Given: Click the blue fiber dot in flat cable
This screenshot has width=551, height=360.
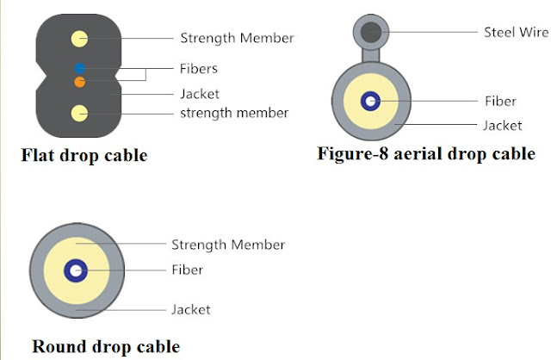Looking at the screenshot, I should (x=79, y=67).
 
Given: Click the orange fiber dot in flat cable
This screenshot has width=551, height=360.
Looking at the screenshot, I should (x=79, y=82).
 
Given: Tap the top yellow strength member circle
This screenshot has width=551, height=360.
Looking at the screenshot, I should (x=79, y=38).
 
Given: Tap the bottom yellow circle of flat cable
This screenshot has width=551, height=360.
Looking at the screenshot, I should (x=79, y=112).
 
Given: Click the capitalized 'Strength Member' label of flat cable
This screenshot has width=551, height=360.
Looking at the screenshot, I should (x=237, y=38).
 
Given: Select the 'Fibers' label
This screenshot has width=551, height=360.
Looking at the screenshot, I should (x=199, y=68).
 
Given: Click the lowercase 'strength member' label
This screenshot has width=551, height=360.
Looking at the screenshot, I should (x=234, y=113).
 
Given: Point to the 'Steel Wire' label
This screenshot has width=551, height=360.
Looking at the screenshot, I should (x=514, y=32).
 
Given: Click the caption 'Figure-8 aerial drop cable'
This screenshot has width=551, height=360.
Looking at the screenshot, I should (x=426, y=154).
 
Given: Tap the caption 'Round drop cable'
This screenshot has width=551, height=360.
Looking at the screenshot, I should (x=106, y=346).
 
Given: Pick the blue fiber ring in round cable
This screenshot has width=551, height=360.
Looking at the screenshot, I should (x=77, y=270).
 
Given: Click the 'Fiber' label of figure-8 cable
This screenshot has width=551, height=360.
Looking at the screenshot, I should (x=500, y=101).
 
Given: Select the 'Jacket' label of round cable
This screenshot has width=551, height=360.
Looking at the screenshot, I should (x=191, y=309).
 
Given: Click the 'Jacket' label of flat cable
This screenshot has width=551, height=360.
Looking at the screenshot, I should (x=200, y=94).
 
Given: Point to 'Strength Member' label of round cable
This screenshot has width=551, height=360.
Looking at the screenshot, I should (x=228, y=245).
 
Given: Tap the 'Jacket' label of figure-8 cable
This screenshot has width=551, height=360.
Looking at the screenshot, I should (x=502, y=126).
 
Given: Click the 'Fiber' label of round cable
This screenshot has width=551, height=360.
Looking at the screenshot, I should (x=187, y=270).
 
